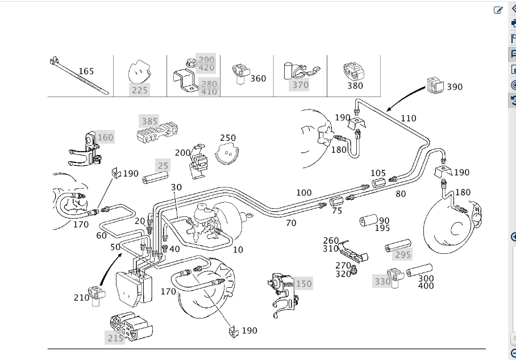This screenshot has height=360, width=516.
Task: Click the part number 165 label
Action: [x=86, y=71]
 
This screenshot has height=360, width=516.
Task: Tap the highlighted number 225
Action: [x=139, y=90]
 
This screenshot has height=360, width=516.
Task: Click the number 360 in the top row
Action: [x=258, y=78]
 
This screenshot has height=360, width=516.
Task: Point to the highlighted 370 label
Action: [x=300, y=85]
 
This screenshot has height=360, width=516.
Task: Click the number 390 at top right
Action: [x=455, y=87]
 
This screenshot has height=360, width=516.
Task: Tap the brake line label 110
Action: [x=408, y=119]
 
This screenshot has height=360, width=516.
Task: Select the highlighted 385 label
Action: [x=149, y=122]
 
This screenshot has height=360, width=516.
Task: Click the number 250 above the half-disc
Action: [x=228, y=138]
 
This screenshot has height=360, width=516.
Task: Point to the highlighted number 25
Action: [x=163, y=166]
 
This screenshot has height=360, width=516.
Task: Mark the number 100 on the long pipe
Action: [x=304, y=193]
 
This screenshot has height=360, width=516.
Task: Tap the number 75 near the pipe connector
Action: [x=337, y=211]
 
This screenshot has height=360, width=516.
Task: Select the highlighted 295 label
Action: [x=402, y=254]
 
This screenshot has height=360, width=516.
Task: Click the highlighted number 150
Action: [x=303, y=283]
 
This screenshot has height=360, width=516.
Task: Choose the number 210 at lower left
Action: [x=81, y=297]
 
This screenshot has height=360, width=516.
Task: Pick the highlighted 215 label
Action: [x=115, y=338]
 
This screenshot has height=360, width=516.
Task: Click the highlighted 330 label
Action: [x=382, y=281]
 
